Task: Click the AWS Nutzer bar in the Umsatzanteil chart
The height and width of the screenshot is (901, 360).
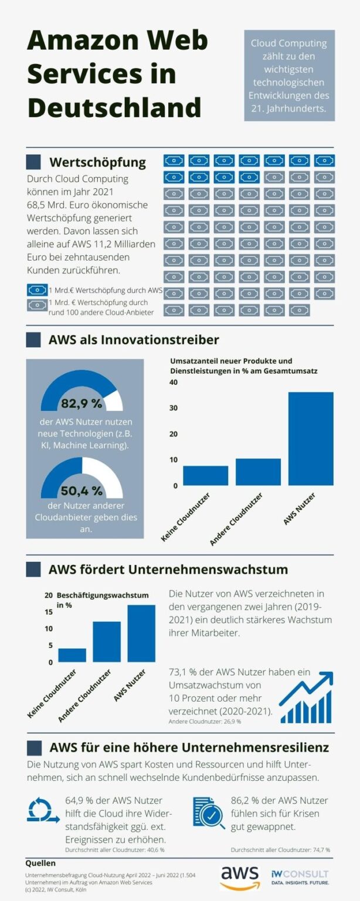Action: coord(311,439)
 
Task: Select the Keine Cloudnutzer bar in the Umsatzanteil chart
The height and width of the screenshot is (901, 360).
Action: coord(205,476)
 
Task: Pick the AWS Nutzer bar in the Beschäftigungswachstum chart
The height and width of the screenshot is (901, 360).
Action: coord(141,634)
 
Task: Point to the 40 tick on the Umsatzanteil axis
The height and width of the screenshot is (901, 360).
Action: coord(174,382)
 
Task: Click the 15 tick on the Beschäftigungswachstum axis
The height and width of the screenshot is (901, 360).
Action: coord(49,612)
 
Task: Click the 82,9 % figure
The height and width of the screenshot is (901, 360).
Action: coord(81,404)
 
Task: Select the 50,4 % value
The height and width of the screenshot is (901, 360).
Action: coord(81,490)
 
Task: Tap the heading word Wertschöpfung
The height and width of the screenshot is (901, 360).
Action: coord(97,162)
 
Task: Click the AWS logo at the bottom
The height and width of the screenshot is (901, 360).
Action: coord(240,876)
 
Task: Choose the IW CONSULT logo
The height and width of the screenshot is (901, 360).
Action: coord(300,877)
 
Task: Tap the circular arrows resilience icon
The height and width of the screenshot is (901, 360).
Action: coord(42,811)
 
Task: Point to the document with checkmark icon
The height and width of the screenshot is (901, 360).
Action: coord(208,812)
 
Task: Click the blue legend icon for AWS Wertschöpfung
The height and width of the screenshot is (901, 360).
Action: coord(37,290)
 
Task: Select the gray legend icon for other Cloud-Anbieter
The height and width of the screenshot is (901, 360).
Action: coord(37,304)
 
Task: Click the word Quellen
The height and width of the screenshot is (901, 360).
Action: coord(40,863)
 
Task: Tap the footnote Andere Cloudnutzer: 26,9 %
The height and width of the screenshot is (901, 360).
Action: coord(205,722)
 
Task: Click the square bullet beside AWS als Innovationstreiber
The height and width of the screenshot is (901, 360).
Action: coord(33,340)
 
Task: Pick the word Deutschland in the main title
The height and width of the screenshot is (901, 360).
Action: coord(114,108)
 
